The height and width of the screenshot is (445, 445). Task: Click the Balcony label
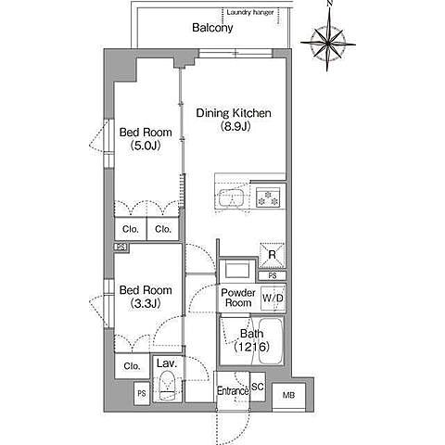pos(212,28)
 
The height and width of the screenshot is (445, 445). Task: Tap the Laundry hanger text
pos(250,13)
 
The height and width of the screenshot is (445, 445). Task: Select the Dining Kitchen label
pos(234,113)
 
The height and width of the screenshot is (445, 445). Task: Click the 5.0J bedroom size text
pos(146,146)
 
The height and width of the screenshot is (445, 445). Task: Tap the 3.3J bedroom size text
pos(146,303)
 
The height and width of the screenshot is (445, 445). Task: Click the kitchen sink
pos(232,197)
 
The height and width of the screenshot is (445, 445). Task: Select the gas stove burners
pos(268,197)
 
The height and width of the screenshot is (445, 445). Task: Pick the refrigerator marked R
pos(272,255)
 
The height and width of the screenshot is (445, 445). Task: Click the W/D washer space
pos(273,299)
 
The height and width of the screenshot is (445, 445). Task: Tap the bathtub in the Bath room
pos(270,341)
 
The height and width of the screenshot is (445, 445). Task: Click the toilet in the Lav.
pos(167,386)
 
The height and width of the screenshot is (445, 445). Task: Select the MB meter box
pos(288,396)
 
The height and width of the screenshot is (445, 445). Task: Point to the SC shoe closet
pos(258,387)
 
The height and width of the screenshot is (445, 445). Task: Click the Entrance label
pos(233,391)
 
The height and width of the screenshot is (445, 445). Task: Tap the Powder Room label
pos(238,298)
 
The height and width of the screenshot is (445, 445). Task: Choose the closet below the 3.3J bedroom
pos(132,366)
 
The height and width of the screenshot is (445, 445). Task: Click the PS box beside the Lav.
pos(142,393)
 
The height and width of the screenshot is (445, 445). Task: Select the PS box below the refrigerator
pos(273,275)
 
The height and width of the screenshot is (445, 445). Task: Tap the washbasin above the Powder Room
pos(237,271)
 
